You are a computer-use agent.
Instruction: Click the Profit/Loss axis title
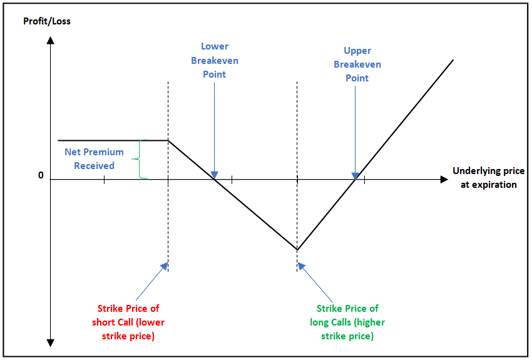click(x=47, y=21)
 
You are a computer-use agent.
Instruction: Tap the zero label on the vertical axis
click(x=41, y=175)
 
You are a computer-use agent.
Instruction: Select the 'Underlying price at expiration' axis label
click(x=485, y=178)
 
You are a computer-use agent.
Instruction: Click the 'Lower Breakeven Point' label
click(x=215, y=60)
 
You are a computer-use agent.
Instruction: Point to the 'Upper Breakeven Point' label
click(x=357, y=64)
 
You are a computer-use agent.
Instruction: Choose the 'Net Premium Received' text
click(x=95, y=159)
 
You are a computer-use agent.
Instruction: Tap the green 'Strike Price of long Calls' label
click(x=347, y=322)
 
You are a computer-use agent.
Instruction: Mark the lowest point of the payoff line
click(x=297, y=249)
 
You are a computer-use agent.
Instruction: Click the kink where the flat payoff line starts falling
click(x=168, y=140)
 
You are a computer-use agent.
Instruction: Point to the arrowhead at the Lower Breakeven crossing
click(x=215, y=175)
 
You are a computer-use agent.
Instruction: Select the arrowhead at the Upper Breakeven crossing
click(x=356, y=175)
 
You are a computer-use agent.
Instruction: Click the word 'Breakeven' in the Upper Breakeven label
click(x=357, y=64)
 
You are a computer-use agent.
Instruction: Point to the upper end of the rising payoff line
click(x=453, y=60)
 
